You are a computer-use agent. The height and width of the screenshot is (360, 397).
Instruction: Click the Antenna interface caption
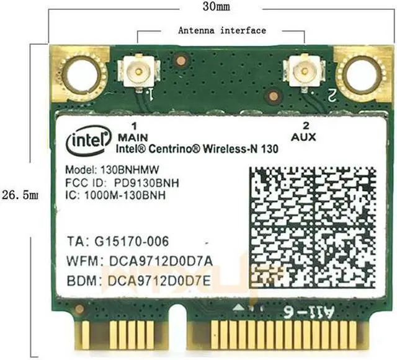click(221, 30)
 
